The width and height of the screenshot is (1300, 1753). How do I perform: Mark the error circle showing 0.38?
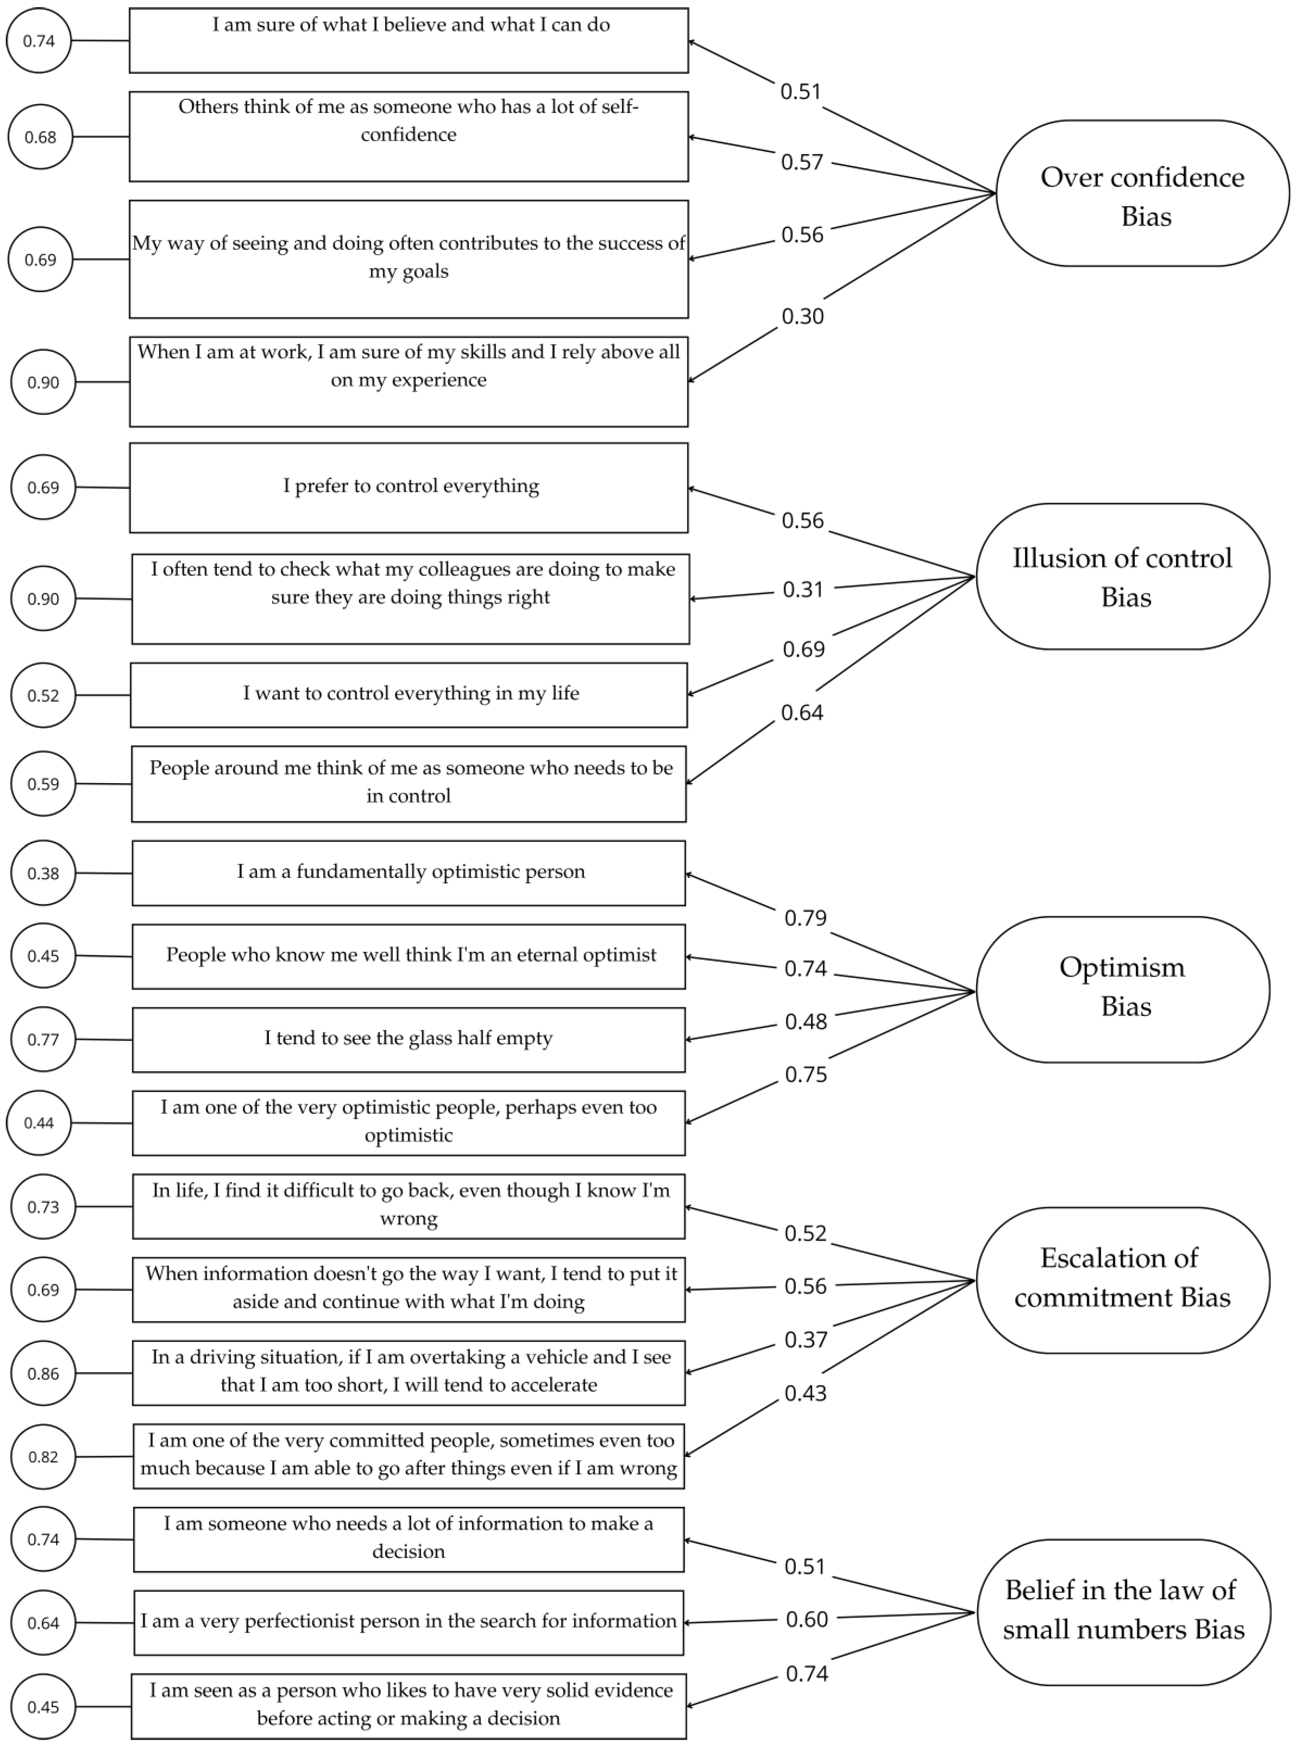(x=43, y=873)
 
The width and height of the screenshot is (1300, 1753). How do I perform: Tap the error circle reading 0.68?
(x=40, y=137)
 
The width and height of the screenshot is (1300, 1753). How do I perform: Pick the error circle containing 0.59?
(x=43, y=783)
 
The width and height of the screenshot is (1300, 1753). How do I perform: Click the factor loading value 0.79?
(x=805, y=918)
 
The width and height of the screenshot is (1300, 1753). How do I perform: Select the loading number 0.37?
(x=805, y=1339)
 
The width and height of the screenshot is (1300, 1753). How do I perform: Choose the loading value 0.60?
(x=807, y=1618)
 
